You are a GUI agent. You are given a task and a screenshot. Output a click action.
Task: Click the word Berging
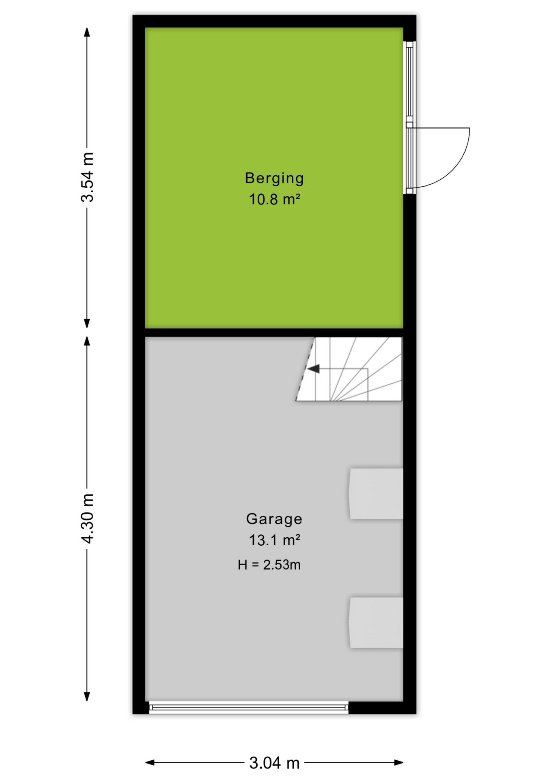coord(274,179)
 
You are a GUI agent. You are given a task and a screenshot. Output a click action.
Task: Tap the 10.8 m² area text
coord(274,200)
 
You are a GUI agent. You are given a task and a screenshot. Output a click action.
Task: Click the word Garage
coord(274,519)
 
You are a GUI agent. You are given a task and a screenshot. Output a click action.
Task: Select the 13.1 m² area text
coord(274,540)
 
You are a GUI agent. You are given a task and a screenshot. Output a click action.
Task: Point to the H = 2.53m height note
coord(269,565)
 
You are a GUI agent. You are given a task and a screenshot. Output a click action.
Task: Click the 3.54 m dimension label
coord(88,177)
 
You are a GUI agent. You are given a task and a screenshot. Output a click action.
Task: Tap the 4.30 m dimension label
coord(88,519)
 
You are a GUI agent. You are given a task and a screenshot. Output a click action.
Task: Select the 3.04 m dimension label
coord(274,763)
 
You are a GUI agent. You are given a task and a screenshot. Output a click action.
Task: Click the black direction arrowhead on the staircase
coord(313,369)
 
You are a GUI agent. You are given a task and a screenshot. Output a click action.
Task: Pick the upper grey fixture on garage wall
coord(376,494)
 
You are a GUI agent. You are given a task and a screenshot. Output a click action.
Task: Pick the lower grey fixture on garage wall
coord(376,622)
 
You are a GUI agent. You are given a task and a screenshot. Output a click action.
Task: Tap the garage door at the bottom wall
coord(249,708)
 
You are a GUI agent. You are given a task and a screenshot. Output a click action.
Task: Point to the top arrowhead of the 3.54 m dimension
coord(87,32)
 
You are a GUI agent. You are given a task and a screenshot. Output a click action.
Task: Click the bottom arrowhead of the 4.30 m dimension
coord(87,697)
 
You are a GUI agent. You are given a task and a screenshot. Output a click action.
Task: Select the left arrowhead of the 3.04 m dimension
coord(150,763)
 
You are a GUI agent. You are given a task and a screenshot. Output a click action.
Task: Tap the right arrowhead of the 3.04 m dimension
coord(398,763)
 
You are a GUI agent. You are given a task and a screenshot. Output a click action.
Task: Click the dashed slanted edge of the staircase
coord(305,369)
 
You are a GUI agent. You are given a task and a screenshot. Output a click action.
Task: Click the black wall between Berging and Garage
coord(274,333)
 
